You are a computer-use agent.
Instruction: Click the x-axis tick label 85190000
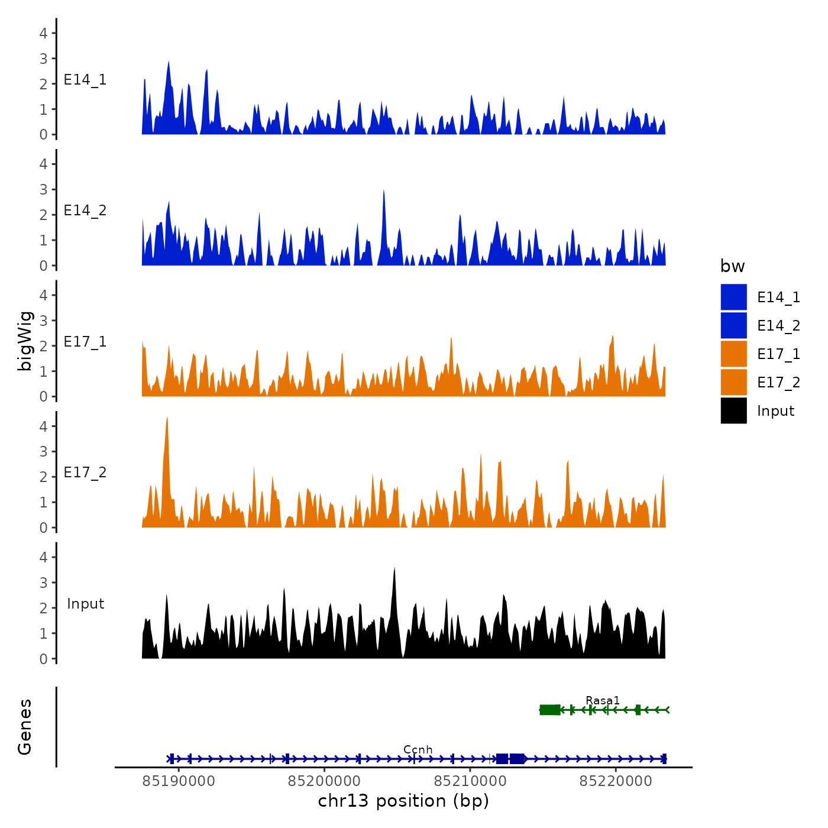pyautogui.click(x=179, y=781)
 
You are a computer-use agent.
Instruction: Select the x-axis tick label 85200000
pyautogui.click(x=324, y=781)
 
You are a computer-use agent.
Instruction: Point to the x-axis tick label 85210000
pyautogui.click(x=470, y=781)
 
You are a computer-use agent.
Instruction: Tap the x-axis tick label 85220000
pyautogui.click(x=616, y=781)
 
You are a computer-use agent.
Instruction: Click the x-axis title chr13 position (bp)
pyautogui.click(x=403, y=801)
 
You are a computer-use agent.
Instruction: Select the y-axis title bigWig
pyautogui.click(x=25, y=341)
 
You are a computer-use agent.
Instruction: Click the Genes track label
pyautogui.click(x=25, y=727)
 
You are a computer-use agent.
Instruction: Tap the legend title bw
pyautogui.click(x=732, y=267)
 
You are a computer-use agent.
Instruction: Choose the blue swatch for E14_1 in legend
pyautogui.click(x=733, y=297)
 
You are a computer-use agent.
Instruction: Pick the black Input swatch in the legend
pyautogui.click(x=733, y=410)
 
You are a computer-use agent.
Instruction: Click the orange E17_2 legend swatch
pyautogui.click(x=733, y=382)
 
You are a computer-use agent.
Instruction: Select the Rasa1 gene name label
pyautogui.click(x=603, y=701)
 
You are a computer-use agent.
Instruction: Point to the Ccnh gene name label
pyautogui.click(x=418, y=750)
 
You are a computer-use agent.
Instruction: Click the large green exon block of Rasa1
pyautogui.click(x=550, y=710)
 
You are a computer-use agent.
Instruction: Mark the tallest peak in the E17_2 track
pyautogui.click(x=167, y=419)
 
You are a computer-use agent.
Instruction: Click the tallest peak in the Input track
pyautogui.click(x=394, y=569)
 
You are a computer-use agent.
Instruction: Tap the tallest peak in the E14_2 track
pyautogui.click(x=384, y=192)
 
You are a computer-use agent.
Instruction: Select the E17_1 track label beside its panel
pyautogui.click(x=85, y=342)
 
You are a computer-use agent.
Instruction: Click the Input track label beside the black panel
pyautogui.click(x=85, y=604)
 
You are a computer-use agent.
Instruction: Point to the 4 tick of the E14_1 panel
pyautogui.click(x=44, y=33)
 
